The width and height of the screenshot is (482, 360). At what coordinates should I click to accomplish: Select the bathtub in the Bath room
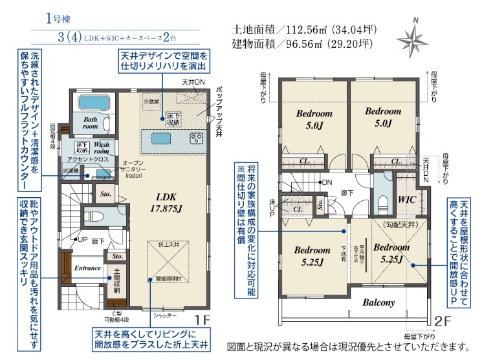coord(94,103)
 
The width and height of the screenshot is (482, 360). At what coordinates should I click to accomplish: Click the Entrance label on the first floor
coord(87,268)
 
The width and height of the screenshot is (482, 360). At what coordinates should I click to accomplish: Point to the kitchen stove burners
coord(197,138)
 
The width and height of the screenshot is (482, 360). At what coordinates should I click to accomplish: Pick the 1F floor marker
coord(203,319)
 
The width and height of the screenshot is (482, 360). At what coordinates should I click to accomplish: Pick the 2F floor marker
coord(443,320)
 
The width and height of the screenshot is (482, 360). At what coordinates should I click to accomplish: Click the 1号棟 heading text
coord(57,18)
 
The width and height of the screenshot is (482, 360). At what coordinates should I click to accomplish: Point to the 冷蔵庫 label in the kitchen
coord(151,102)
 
